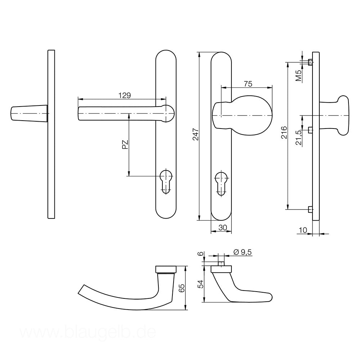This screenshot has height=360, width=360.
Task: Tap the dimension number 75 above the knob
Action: pos(248,84)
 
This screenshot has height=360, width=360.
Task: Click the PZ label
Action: pos(125,145)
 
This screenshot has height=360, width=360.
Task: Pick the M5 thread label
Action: pos(298,75)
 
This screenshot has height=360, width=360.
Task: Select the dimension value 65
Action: pos(182,288)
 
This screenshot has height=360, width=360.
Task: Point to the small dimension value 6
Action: pos(201,254)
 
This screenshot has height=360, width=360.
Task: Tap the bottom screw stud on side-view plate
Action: pos(310,209)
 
